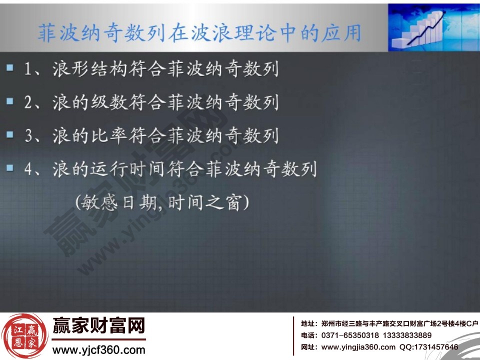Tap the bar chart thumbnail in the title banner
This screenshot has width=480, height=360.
pos(433,27)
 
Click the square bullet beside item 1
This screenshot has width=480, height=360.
pos(10,68)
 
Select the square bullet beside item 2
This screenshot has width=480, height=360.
pos(10,101)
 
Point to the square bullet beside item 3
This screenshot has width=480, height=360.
pos(10,135)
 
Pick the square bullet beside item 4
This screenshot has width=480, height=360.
pos(10,168)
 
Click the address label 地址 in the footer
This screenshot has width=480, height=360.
pos(307,323)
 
